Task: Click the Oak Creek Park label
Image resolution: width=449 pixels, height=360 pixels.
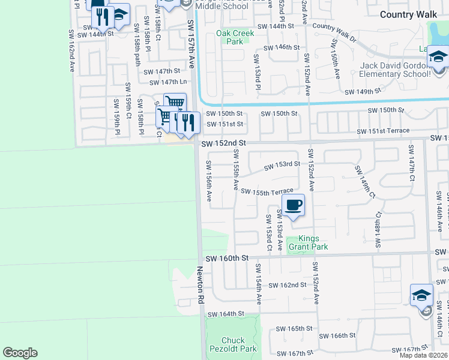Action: (x=235, y=37)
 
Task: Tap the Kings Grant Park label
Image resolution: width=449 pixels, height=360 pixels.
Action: (x=308, y=242)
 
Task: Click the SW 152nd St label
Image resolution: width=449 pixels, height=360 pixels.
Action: (x=224, y=143)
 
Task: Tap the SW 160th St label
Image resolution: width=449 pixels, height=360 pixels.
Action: (x=227, y=258)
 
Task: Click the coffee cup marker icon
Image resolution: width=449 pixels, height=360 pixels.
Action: (x=293, y=205)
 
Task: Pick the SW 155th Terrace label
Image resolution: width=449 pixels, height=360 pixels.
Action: (x=267, y=191)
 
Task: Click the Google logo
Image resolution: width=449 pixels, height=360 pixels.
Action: (x=20, y=353)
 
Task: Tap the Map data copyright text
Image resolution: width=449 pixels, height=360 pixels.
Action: (x=423, y=355)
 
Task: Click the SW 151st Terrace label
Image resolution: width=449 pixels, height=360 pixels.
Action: (x=383, y=131)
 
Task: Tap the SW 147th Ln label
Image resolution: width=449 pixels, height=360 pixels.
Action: (x=166, y=82)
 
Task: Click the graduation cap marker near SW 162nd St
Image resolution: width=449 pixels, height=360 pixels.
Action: (x=422, y=295)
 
